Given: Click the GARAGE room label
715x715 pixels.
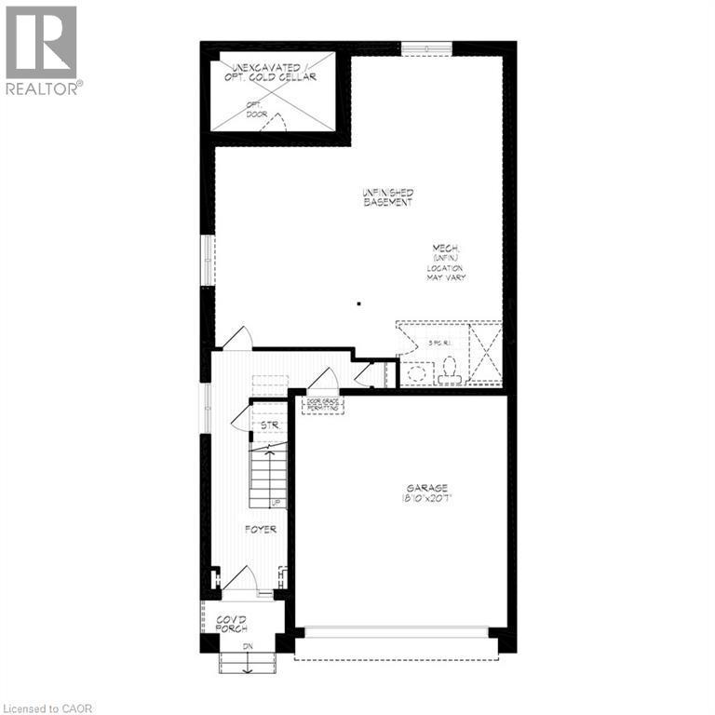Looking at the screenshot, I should (x=425, y=488).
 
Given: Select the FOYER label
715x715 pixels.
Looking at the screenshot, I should (x=260, y=529).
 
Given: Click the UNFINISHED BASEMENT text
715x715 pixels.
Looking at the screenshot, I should (x=387, y=197).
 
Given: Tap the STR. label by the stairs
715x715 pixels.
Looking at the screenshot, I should (x=270, y=425).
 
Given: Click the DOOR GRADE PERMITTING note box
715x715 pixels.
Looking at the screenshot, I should (x=322, y=405).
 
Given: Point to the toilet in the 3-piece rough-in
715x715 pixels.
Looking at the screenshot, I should (x=451, y=371).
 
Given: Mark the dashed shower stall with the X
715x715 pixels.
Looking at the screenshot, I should (x=484, y=353).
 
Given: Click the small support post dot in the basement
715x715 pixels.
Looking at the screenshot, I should (x=358, y=303).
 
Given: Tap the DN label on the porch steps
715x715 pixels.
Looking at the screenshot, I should (x=248, y=646).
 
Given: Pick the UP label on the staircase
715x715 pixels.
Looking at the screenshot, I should (x=276, y=504).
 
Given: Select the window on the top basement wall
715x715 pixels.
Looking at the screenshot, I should (x=425, y=47).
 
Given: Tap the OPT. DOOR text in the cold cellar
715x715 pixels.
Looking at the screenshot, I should (x=255, y=109).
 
